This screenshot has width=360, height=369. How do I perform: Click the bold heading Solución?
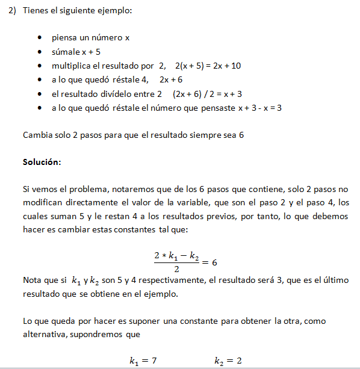[x=42, y=163]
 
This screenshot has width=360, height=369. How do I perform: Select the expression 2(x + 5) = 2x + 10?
[x=208, y=66]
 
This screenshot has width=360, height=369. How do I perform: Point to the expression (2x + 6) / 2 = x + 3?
[x=207, y=94]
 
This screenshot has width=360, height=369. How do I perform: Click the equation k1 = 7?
[x=143, y=361]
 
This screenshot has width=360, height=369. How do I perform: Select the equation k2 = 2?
[x=228, y=361]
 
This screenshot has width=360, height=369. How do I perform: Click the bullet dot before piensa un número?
[x=40, y=38]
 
